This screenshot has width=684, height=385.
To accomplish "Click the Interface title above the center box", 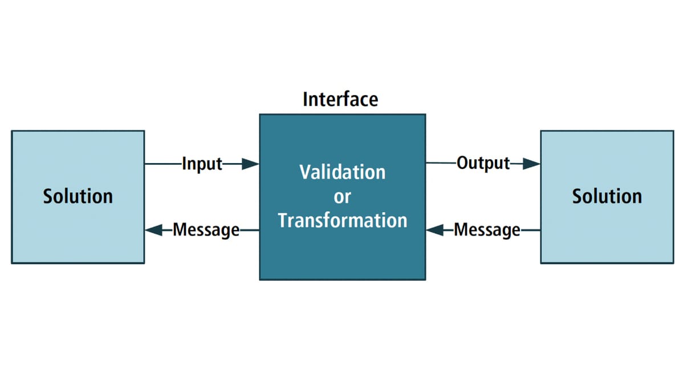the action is tap(340, 99).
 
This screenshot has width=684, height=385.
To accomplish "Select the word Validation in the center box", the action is tap(343, 172).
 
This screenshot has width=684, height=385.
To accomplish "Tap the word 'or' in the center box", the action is tap(343, 197).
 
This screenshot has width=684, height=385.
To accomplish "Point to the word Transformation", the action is tap(343, 220).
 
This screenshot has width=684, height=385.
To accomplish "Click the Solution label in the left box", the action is tap(78, 196).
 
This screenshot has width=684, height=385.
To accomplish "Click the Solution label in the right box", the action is tap(607, 196).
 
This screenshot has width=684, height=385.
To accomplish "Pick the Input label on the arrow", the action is tap(202, 164).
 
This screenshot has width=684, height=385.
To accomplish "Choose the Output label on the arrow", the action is tap(483, 163).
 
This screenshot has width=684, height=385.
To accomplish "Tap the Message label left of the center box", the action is tap(206, 230).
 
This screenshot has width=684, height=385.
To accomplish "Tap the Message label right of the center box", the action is tap(487, 230).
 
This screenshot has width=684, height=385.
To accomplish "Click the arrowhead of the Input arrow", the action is tap(250, 164).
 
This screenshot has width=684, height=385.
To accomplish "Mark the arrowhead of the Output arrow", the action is tap(531, 164).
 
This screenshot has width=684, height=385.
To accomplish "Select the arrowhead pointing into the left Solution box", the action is tap(153, 230).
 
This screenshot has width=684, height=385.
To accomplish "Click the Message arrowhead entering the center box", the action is tap(435, 230).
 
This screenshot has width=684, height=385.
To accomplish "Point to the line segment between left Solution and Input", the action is tap(164, 164).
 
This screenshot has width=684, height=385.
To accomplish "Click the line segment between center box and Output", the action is tap(441, 163).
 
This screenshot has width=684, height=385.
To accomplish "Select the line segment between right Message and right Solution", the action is tap(531, 230).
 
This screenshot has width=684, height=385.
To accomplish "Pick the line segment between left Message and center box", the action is tap(250, 230).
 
